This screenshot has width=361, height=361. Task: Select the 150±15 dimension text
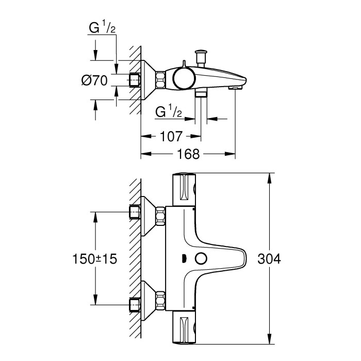95,259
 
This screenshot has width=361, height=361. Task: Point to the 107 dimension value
171,137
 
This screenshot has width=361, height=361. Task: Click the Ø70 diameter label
94,80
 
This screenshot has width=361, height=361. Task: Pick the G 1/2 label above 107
168,111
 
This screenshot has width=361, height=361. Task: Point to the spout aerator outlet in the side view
235,89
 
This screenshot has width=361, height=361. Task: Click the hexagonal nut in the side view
159,80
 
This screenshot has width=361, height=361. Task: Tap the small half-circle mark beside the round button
184,258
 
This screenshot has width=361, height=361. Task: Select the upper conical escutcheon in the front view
148,214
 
